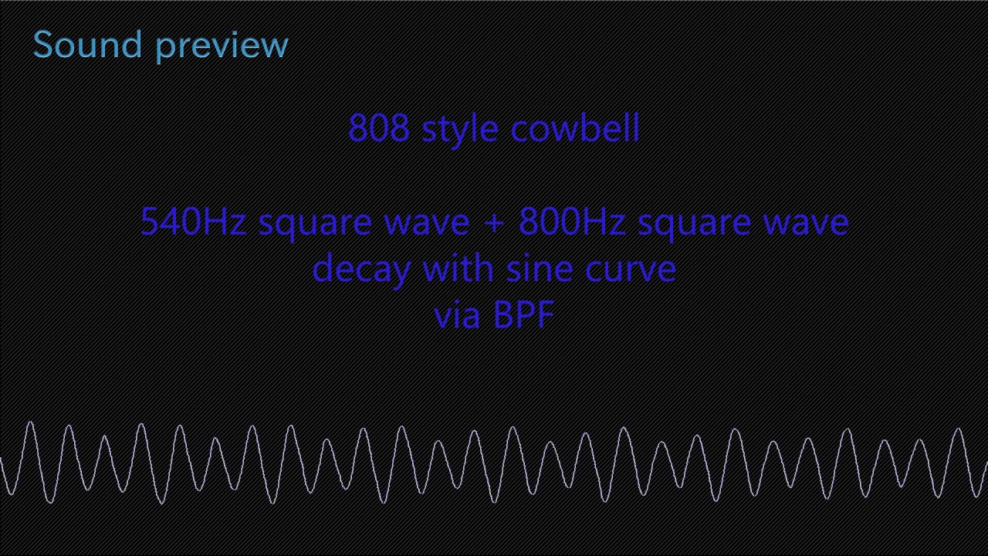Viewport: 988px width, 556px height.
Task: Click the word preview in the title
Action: tap(222, 46)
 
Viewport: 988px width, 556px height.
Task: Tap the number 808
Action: tap(378, 128)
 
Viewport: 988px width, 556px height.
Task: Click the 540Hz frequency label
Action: tap(193, 222)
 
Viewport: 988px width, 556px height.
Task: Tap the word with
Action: tap(458, 268)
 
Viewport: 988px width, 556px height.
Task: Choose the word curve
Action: tap(631, 270)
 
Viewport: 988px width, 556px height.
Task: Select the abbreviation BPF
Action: tap(523, 315)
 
